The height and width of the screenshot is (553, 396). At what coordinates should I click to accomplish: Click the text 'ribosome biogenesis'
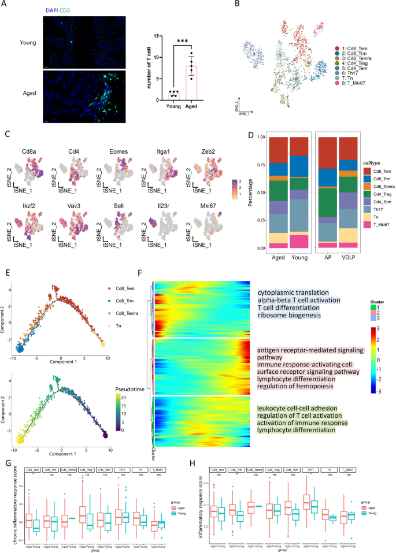294,315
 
